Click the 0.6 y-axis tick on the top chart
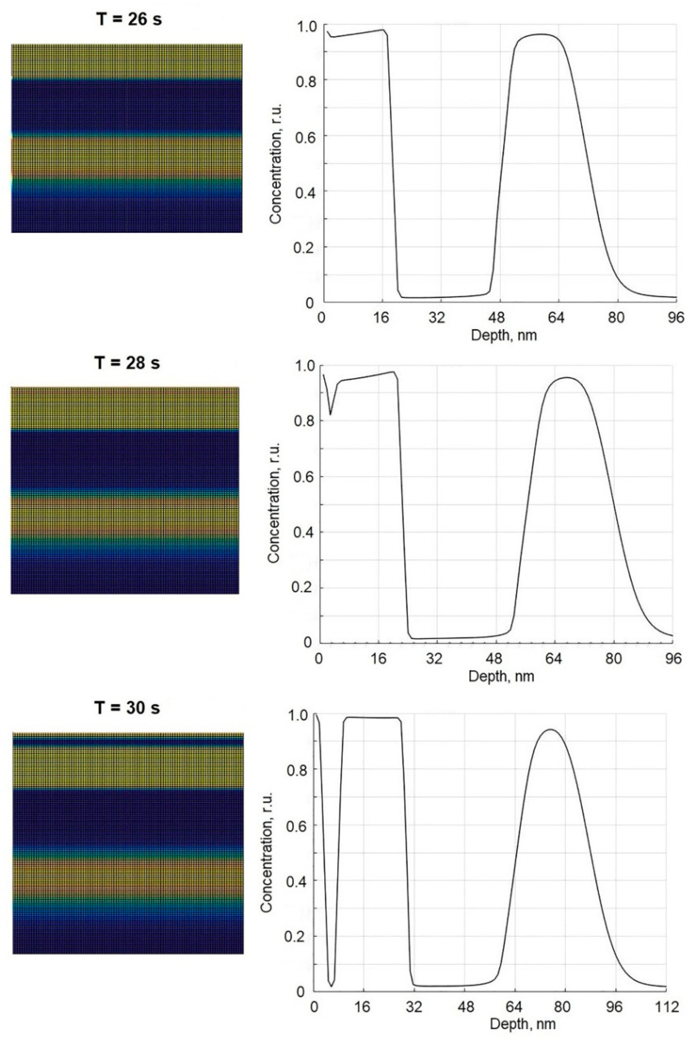[x=303, y=136]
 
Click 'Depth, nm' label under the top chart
[x=504, y=335]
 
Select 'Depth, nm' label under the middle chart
[x=501, y=676]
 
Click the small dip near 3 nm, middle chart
[x=330, y=414]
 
